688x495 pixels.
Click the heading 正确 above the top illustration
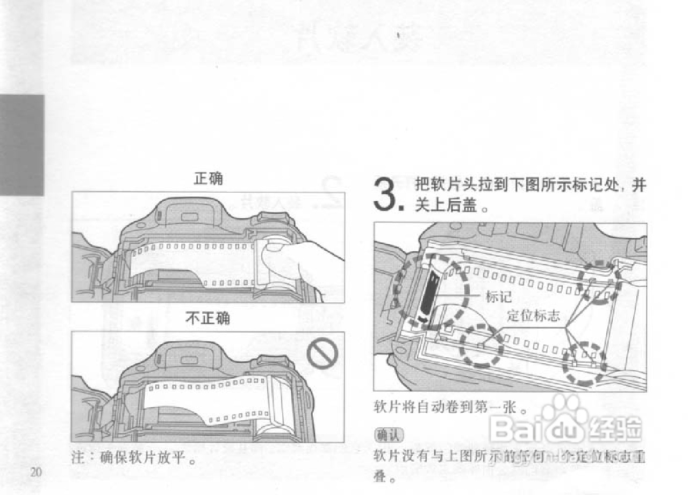click(208, 180)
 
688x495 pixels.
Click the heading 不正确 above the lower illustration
click(207, 319)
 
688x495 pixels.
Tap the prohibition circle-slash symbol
click(322, 354)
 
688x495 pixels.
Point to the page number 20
click(36, 472)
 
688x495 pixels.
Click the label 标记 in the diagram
click(498, 296)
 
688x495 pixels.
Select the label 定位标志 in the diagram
click(533, 316)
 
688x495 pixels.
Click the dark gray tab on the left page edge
click(21, 145)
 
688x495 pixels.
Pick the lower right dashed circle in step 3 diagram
click(584, 364)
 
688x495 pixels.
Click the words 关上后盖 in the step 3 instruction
click(446, 206)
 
